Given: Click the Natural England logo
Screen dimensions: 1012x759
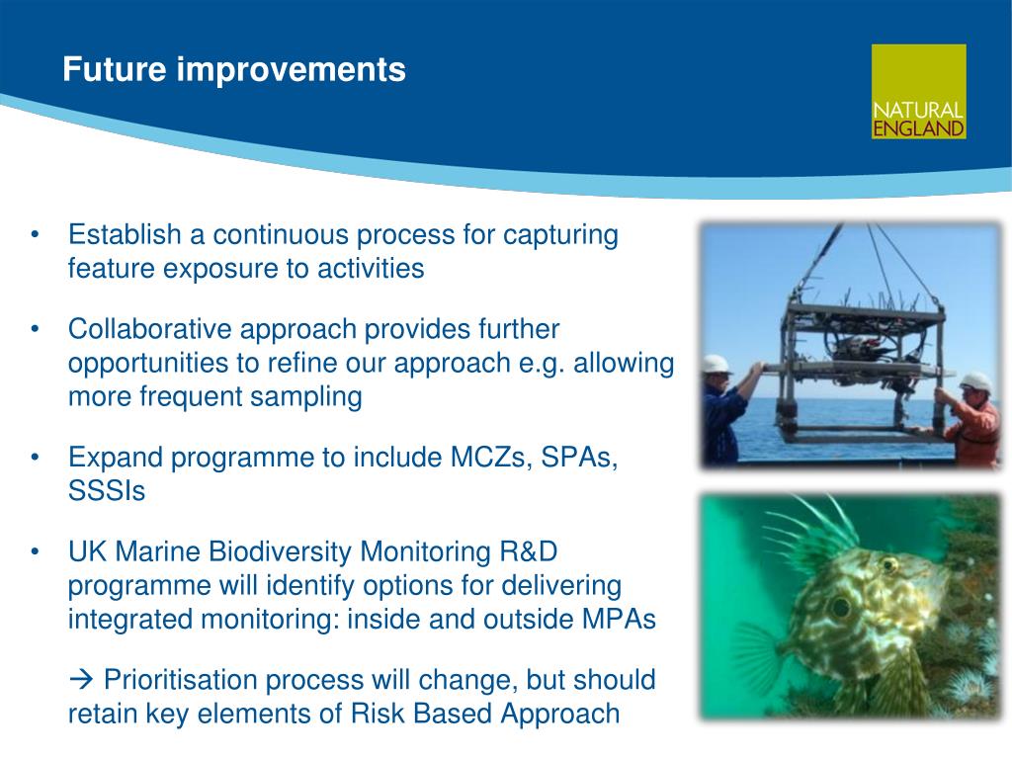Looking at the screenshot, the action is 918,92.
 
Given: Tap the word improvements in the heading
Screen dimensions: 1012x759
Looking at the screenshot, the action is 292,71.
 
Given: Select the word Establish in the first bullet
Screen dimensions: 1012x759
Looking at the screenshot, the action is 125,234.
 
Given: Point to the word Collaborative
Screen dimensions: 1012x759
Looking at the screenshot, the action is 150,328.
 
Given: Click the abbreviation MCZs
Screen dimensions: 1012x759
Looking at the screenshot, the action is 490,457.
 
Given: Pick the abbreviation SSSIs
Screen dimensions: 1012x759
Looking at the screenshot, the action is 107,490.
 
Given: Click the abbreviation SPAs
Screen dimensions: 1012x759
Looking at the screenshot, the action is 579,458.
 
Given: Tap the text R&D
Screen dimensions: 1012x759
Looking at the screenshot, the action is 528,551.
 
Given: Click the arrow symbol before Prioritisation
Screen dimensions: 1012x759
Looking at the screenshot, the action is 81,678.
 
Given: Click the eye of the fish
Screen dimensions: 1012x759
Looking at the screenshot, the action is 840,607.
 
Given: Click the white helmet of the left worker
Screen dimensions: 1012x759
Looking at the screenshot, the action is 717,365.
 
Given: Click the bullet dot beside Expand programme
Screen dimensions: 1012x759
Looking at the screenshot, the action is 35,458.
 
